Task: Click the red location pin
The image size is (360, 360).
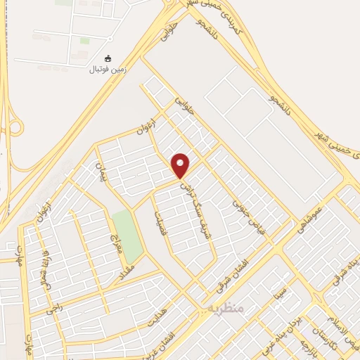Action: click(181, 166)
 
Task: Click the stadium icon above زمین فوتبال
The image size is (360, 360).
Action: click(107, 59)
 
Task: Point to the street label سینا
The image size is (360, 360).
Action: click(281, 289)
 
